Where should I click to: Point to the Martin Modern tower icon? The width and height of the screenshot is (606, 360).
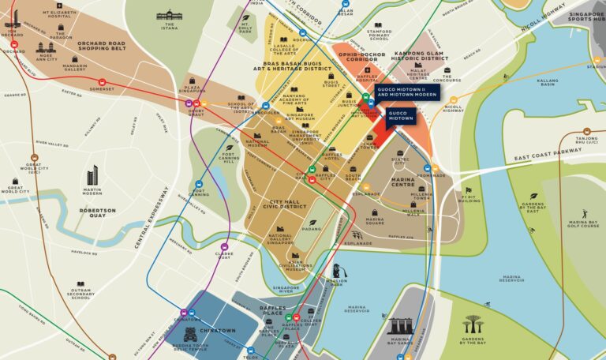pos(92,175)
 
